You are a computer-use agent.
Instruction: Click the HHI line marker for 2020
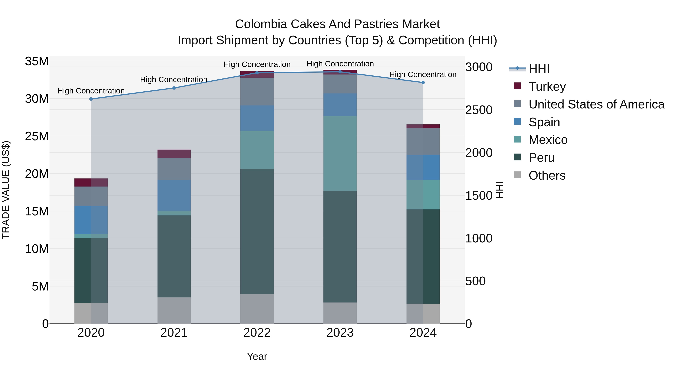point(91,99)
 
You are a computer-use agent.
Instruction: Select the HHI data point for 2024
point(423,83)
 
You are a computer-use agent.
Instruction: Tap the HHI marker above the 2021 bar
point(174,88)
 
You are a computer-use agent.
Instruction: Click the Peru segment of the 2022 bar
point(257,231)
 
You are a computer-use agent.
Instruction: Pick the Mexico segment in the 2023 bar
point(340,154)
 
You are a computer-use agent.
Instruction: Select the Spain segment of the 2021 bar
point(174,195)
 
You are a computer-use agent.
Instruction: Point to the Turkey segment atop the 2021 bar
point(174,154)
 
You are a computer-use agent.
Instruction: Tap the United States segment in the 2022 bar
point(257,92)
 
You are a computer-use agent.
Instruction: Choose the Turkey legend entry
point(547,87)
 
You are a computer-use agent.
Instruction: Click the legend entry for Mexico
point(548,140)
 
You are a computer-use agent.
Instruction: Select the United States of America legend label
point(596,104)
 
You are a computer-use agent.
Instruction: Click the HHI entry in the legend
point(539,69)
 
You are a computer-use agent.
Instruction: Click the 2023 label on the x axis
point(340,333)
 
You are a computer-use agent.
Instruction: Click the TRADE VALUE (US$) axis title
point(6,190)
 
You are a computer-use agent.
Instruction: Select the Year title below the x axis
point(257,356)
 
